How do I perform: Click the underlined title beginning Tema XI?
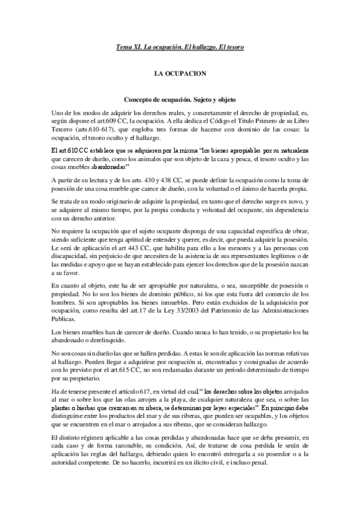click(180, 47)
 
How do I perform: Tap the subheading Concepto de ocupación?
click(180, 100)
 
